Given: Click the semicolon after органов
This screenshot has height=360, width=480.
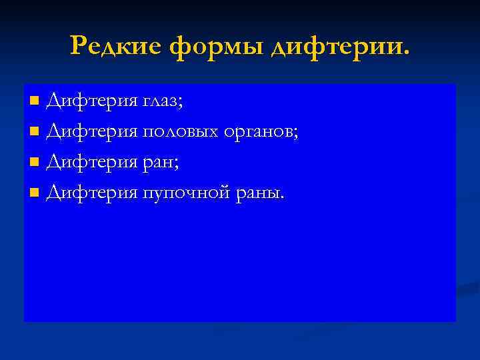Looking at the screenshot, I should pos(296,135).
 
